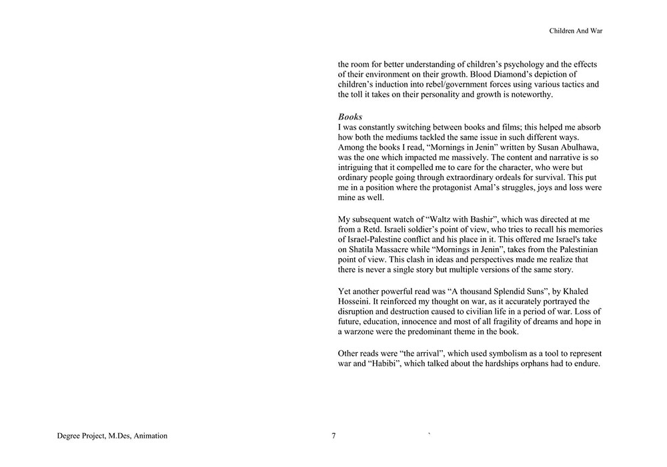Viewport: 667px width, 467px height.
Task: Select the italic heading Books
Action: click(350, 117)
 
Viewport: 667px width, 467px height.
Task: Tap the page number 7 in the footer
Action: click(333, 436)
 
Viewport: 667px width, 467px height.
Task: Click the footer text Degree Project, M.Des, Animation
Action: click(112, 436)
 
